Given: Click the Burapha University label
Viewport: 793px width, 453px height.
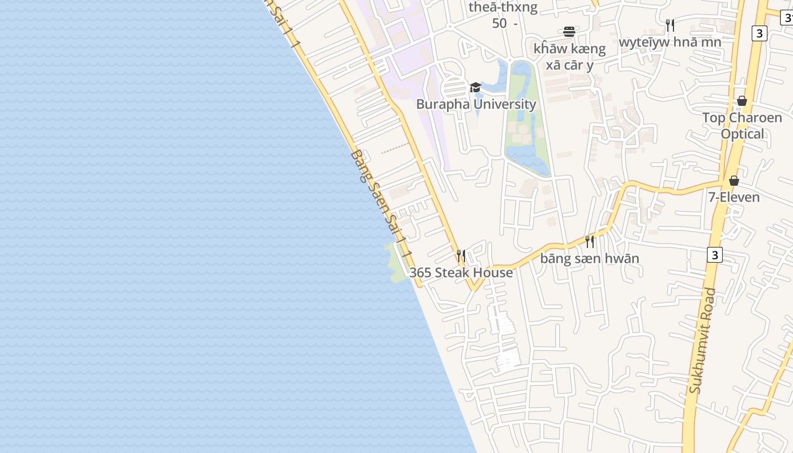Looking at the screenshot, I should (476, 104).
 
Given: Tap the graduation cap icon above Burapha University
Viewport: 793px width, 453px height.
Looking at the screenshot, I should (475, 88).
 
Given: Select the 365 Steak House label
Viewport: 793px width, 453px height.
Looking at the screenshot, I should (461, 272).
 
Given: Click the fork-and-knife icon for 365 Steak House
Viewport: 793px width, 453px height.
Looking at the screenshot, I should (461, 256).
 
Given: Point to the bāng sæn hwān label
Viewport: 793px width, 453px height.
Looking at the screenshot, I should (590, 259).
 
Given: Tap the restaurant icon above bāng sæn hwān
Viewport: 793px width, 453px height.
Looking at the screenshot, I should (590, 242).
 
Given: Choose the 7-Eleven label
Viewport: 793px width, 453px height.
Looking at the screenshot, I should (734, 197).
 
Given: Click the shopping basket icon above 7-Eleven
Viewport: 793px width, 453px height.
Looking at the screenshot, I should (734, 181).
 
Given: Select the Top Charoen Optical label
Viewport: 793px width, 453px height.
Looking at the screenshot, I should (742, 126).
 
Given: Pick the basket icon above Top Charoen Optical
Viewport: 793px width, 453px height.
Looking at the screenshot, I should (742, 101).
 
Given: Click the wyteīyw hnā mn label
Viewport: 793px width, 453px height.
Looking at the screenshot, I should (670, 42).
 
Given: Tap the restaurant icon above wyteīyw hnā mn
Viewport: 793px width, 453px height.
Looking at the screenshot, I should (670, 25).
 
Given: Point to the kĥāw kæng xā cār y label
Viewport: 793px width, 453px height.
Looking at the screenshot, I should (569, 57).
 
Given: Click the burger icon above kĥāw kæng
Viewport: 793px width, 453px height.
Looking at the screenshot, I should (569, 32).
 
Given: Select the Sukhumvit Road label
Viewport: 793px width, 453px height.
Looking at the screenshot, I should (702, 341).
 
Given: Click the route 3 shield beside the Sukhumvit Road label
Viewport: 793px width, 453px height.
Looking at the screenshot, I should (715, 255).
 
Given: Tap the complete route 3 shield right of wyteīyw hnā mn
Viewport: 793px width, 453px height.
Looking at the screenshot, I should (760, 33).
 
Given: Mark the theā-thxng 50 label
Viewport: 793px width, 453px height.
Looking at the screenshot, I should (503, 15).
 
